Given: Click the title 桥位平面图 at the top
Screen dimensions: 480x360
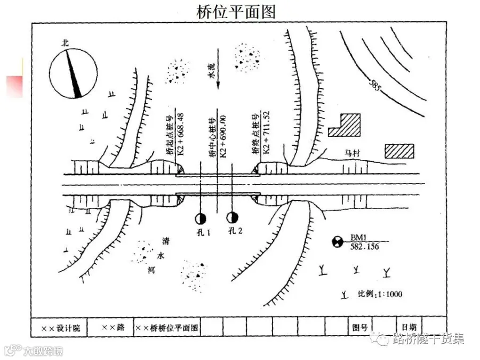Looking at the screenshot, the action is click(x=236, y=12).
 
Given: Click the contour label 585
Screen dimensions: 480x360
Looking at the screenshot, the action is click(x=375, y=86).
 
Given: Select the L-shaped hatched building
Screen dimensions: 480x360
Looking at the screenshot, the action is click(x=345, y=125).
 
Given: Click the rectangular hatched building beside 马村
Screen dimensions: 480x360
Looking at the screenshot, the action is click(x=399, y=151).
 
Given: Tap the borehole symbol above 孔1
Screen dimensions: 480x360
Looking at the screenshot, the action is click(x=200, y=218).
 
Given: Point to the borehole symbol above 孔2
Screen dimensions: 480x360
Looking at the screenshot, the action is click(x=233, y=218).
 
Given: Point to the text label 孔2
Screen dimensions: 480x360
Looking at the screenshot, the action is click(x=235, y=231).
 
